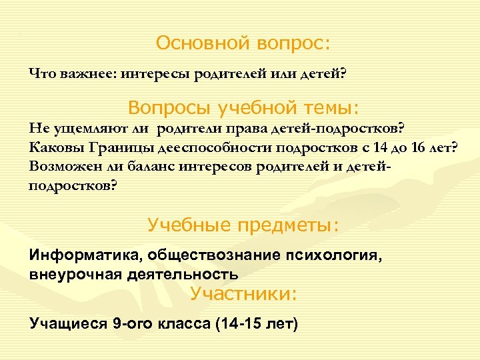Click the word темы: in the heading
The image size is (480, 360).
click(328, 107)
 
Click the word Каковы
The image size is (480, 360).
click(56, 147)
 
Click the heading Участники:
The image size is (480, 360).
click(243, 294)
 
